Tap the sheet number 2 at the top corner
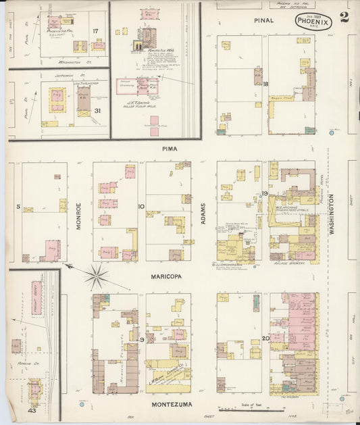tap(345, 18)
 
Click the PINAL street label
tap(264, 20)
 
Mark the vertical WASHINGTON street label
tap(332, 215)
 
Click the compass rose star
tap(97, 276)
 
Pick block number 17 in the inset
tap(95, 31)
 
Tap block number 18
tap(265, 84)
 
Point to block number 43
tap(32, 409)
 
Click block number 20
tap(265, 339)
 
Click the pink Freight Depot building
tap(36, 298)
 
